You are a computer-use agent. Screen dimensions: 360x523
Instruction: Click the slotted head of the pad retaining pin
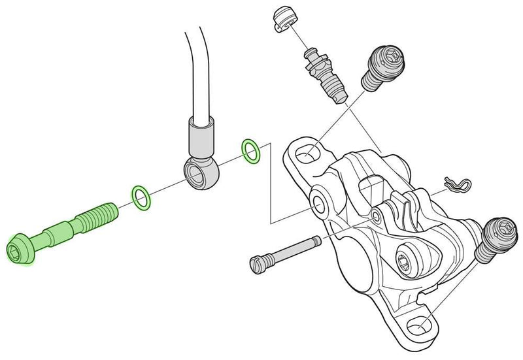pyautogui.click(x=257, y=264)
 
